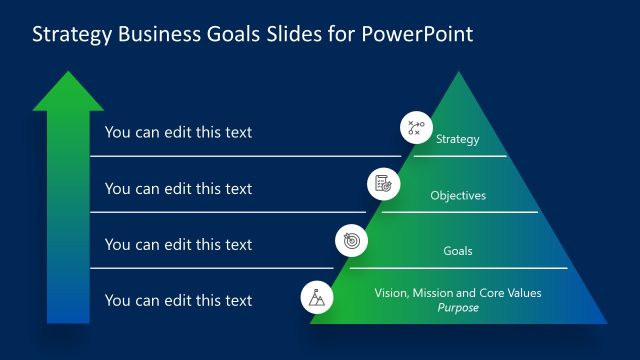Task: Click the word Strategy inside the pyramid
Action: point(458,140)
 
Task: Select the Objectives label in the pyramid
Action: point(458,196)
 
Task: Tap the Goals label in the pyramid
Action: point(458,251)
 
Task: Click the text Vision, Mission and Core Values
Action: point(458,293)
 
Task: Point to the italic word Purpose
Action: point(458,308)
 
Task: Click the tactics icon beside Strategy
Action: point(415,128)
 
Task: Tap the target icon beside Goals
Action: point(351,240)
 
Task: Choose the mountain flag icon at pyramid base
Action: point(317,297)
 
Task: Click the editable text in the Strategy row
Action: point(178,132)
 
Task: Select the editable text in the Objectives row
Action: point(178,188)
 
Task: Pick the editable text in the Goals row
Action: point(178,244)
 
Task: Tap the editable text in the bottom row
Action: point(178,300)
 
